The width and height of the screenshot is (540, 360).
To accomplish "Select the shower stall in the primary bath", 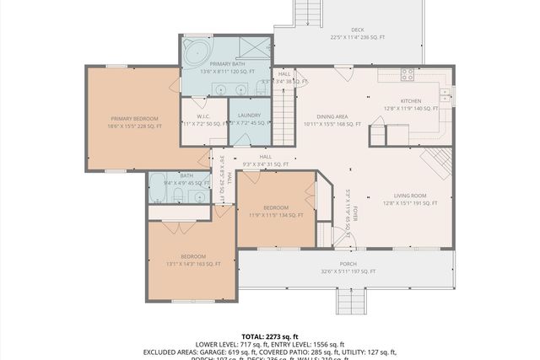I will (x=255, y=47).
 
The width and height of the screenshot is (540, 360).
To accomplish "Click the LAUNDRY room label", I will (x=249, y=116).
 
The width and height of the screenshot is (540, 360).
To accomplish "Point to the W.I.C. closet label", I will (x=203, y=116).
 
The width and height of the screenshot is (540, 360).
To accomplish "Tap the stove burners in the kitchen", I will (x=408, y=73).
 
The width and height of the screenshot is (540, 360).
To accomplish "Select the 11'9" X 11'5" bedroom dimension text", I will (x=276, y=215).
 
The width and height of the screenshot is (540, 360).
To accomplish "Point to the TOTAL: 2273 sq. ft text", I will (x=270, y=336).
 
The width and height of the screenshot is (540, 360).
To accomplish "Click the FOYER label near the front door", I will (x=356, y=207).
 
